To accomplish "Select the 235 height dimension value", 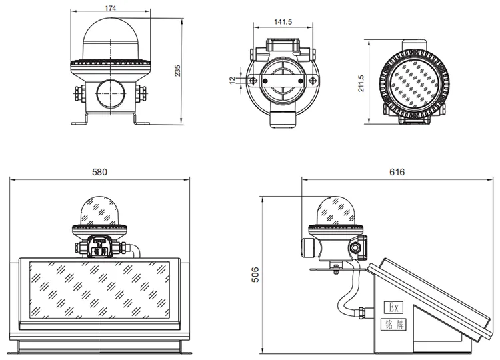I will [177, 70].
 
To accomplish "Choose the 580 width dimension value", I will [99, 172].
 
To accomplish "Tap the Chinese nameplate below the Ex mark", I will [393, 325].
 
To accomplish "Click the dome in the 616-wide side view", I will [334, 211].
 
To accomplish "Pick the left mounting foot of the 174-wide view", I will [79, 121].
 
